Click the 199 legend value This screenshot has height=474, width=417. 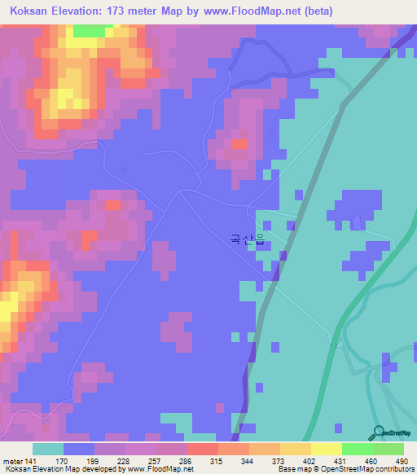pos(79,461)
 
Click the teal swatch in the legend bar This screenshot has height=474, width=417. pos(48,449)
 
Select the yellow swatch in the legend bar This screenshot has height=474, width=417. pos(327,449)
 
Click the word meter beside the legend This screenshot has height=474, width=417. pos(12,461)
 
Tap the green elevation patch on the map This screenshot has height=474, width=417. pos(89,31)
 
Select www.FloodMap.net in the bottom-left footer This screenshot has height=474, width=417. pos(157,469)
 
